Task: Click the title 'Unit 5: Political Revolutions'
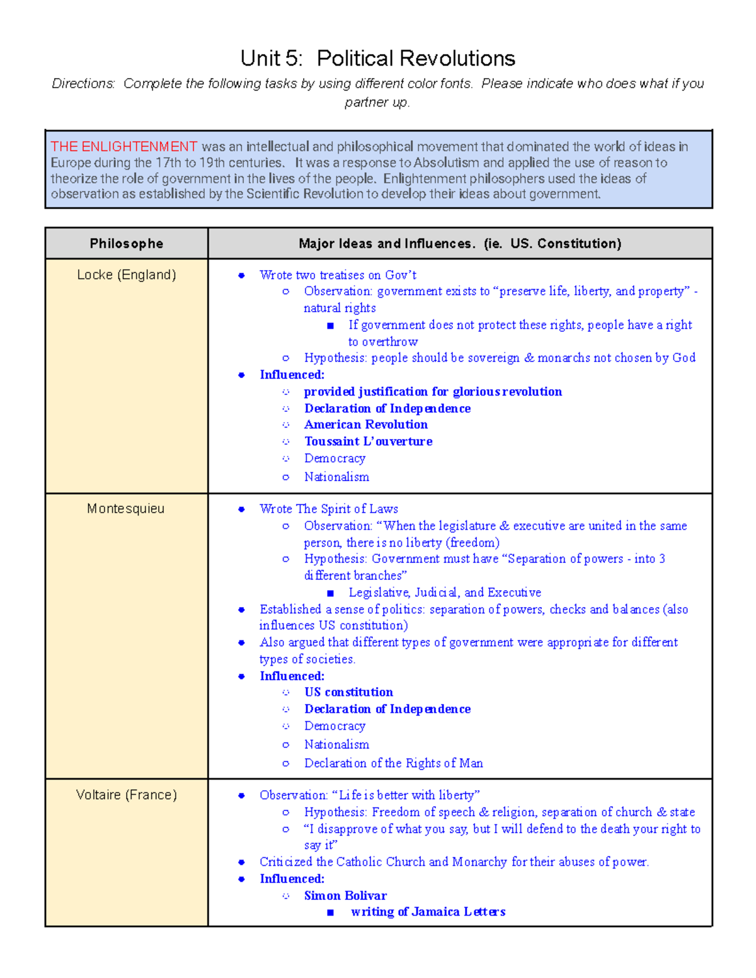(x=377, y=59)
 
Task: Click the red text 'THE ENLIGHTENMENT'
(x=124, y=147)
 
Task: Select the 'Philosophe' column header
(x=126, y=244)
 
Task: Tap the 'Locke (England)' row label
(x=126, y=275)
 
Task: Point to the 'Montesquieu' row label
(x=126, y=508)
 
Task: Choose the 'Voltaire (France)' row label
(x=126, y=795)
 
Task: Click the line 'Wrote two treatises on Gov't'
(x=338, y=275)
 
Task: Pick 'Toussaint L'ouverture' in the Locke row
(x=368, y=441)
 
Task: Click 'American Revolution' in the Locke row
(x=366, y=424)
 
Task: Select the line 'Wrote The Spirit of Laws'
(x=328, y=509)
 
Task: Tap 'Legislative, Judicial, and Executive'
(x=445, y=593)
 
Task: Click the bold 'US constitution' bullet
(x=348, y=692)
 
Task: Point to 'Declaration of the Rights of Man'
(x=393, y=763)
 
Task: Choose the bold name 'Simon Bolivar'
(x=345, y=896)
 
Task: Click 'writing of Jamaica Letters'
(x=428, y=912)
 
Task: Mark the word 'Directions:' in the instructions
(x=83, y=84)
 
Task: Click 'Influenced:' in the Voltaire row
(x=292, y=878)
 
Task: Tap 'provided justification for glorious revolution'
(x=433, y=392)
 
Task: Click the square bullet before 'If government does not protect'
(x=330, y=326)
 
